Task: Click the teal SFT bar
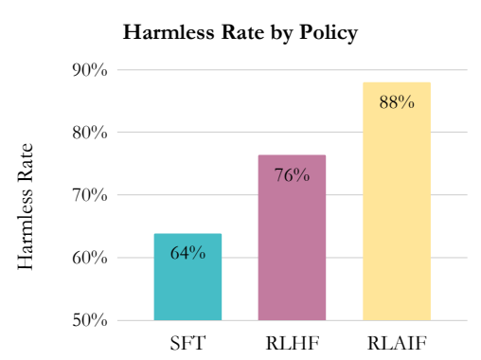click(x=187, y=284)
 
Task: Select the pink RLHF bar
click(x=292, y=246)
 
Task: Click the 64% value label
click(x=187, y=253)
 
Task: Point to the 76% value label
click(x=292, y=174)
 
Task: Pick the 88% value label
click(x=397, y=102)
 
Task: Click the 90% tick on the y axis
click(x=91, y=70)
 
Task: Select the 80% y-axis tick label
click(x=91, y=133)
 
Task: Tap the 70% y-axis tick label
click(x=91, y=195)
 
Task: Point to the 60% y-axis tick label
click(x=91, y=258)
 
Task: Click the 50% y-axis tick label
click(x=91, y=320)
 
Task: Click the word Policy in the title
click(x=328, y=33)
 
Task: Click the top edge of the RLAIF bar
click(x=397, y=83)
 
